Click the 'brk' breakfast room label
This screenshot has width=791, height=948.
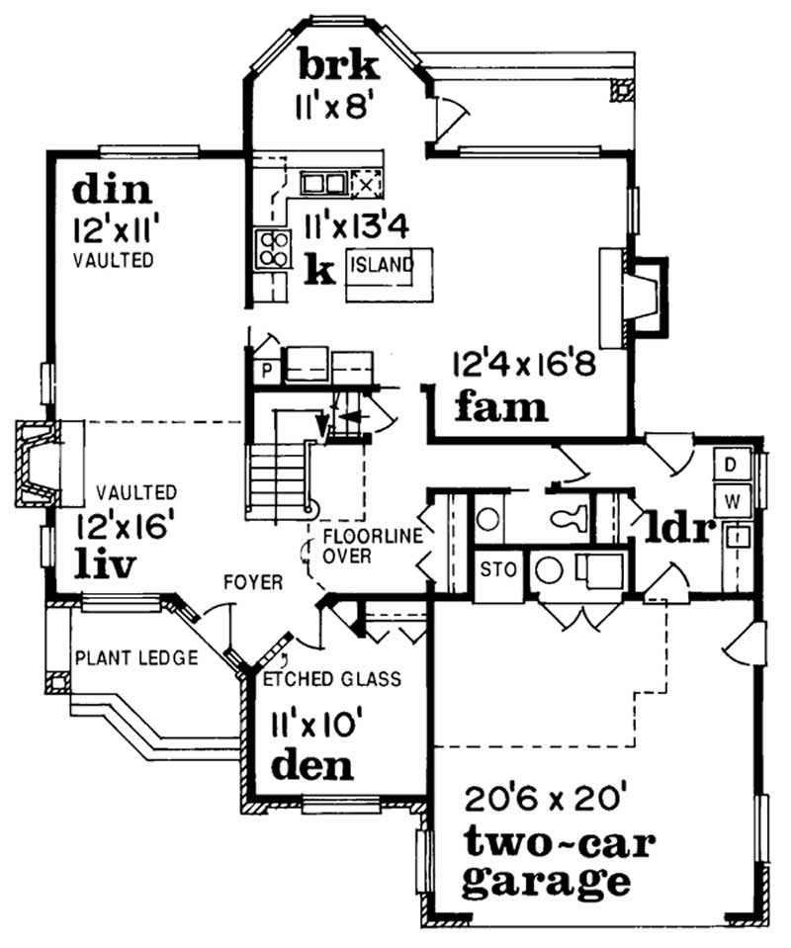pyautogui.click(x=338, y=66)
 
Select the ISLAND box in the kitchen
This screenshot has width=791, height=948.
pyautogui.click(x=381, y=265)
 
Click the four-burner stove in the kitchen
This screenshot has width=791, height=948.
pyautogui.click(x=272, y=247)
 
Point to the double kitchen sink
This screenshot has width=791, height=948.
pyautogui.click(x=322, y=183)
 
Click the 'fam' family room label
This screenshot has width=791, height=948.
pyautogui.click(x=501, y=405)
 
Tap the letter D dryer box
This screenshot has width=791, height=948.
pyautogui.click(x=732, y=465)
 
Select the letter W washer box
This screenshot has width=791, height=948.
pyautogui.click(x=732, y=501)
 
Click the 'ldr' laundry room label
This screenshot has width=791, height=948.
pyautogui.click(x=680, y=529)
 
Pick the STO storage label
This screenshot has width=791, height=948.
pyautogui.click(x=494, y=570)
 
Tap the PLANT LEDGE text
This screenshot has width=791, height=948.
pyautogui.click(x=135, y=657)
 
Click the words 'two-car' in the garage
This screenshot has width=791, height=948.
pyautogui.click(x=545, y=842)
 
